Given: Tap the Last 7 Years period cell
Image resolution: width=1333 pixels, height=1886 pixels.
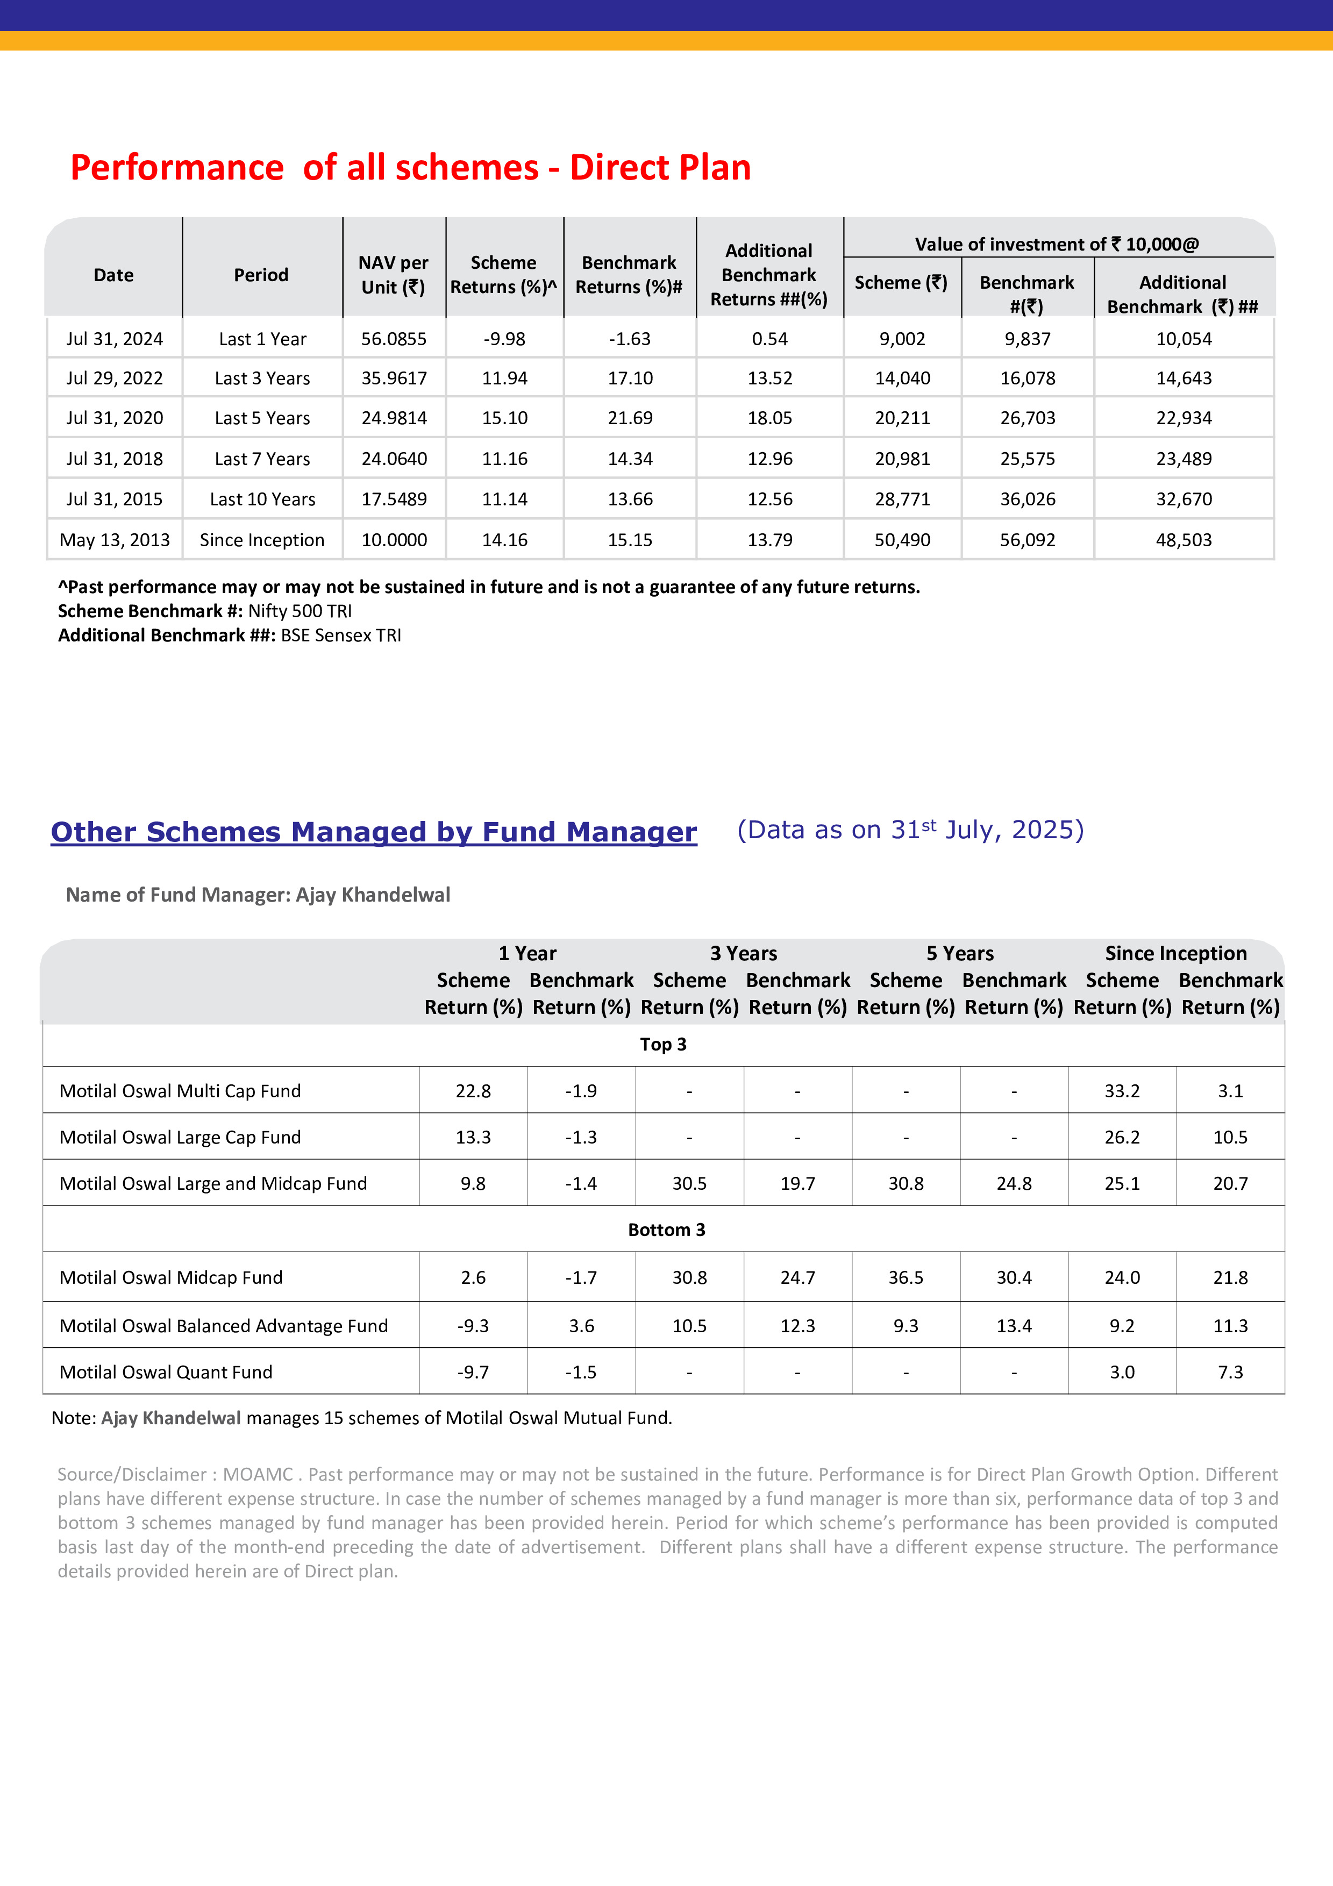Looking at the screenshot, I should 262,459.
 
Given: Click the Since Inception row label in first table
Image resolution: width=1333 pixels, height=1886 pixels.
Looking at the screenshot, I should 262,540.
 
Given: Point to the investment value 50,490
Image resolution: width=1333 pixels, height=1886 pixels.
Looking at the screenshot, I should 902,540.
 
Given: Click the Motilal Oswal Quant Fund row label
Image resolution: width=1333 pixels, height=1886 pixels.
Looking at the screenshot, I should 166,1372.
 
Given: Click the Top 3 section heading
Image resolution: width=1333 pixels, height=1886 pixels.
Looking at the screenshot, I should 663,1044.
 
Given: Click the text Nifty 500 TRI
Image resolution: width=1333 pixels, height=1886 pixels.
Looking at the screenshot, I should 300,611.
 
